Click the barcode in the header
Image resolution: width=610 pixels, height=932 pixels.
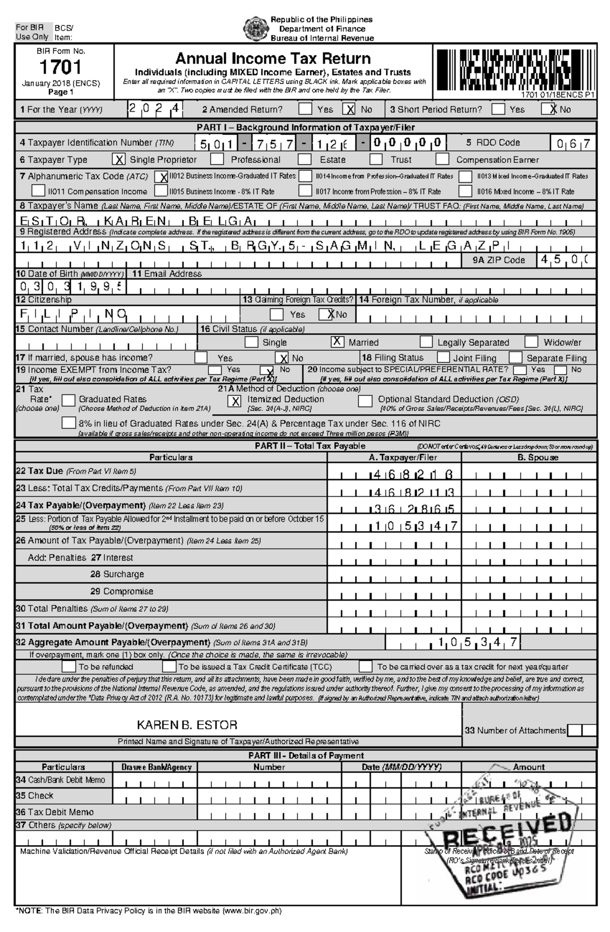coord(514,69)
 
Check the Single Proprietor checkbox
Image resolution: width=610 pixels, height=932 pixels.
coord(118,159)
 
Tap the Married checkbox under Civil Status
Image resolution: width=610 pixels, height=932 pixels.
coord(337,342)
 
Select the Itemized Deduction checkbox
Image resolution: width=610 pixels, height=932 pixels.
coord(234,401)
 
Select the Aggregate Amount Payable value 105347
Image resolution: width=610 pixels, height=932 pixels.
coord(478,642)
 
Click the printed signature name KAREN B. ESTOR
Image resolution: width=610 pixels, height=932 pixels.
coord(187,725)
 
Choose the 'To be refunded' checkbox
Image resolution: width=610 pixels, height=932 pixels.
coord(69,666)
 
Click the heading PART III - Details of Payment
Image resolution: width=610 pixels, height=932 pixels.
coord(306,755)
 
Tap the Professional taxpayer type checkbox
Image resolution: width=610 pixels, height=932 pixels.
coord(217,159)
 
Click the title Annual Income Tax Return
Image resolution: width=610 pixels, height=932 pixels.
coord(273,58)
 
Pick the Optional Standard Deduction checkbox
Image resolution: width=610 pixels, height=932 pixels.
coord(365,401)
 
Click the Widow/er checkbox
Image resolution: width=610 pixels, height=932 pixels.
coord(531,342)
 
